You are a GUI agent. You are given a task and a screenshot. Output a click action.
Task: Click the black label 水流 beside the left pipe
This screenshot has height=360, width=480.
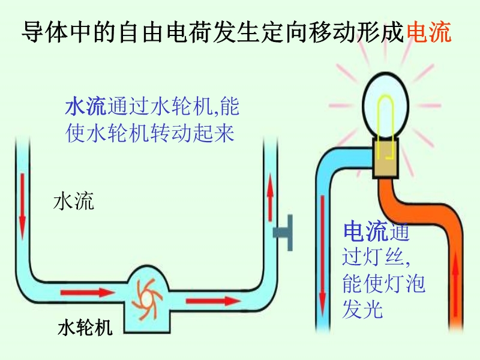(74, 201)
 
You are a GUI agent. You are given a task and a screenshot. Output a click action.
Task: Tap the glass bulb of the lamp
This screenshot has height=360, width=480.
(386, 96)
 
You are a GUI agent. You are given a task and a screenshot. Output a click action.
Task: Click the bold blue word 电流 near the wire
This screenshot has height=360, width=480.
(365, 230)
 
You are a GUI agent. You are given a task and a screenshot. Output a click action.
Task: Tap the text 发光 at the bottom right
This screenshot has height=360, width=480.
(362, 308)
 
